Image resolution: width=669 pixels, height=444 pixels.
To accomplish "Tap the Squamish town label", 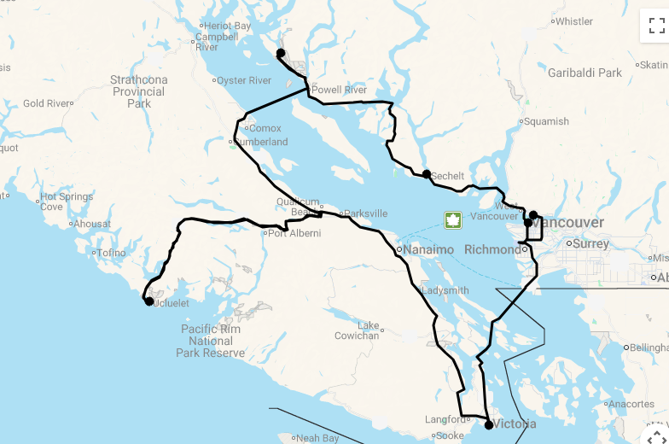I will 546,121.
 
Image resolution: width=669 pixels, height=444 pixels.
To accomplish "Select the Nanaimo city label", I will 428,249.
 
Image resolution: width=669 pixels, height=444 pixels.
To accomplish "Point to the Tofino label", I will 111,253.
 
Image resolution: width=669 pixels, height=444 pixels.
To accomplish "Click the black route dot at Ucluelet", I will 149,301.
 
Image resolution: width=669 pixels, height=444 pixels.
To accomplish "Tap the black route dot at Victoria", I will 488,424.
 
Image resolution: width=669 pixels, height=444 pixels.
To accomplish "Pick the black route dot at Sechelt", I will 427,174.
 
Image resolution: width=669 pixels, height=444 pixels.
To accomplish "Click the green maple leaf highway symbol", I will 452,220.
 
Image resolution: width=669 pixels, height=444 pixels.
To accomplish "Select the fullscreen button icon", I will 656,26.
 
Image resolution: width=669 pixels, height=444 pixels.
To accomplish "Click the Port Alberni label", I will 294,233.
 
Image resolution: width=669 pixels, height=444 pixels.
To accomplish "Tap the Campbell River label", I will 218,42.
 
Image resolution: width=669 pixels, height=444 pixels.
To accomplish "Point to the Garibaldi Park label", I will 585,73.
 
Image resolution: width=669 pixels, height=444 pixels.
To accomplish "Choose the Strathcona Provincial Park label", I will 139,91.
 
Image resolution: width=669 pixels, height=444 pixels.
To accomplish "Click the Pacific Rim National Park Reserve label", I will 211,341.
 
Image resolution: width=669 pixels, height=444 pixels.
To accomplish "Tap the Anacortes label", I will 632,404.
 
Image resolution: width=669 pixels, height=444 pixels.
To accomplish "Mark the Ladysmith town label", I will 445,290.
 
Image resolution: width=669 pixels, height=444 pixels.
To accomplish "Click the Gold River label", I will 46,103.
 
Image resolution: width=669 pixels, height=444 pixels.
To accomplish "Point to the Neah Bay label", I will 317,438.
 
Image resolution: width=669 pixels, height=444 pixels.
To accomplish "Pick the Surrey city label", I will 590,243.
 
